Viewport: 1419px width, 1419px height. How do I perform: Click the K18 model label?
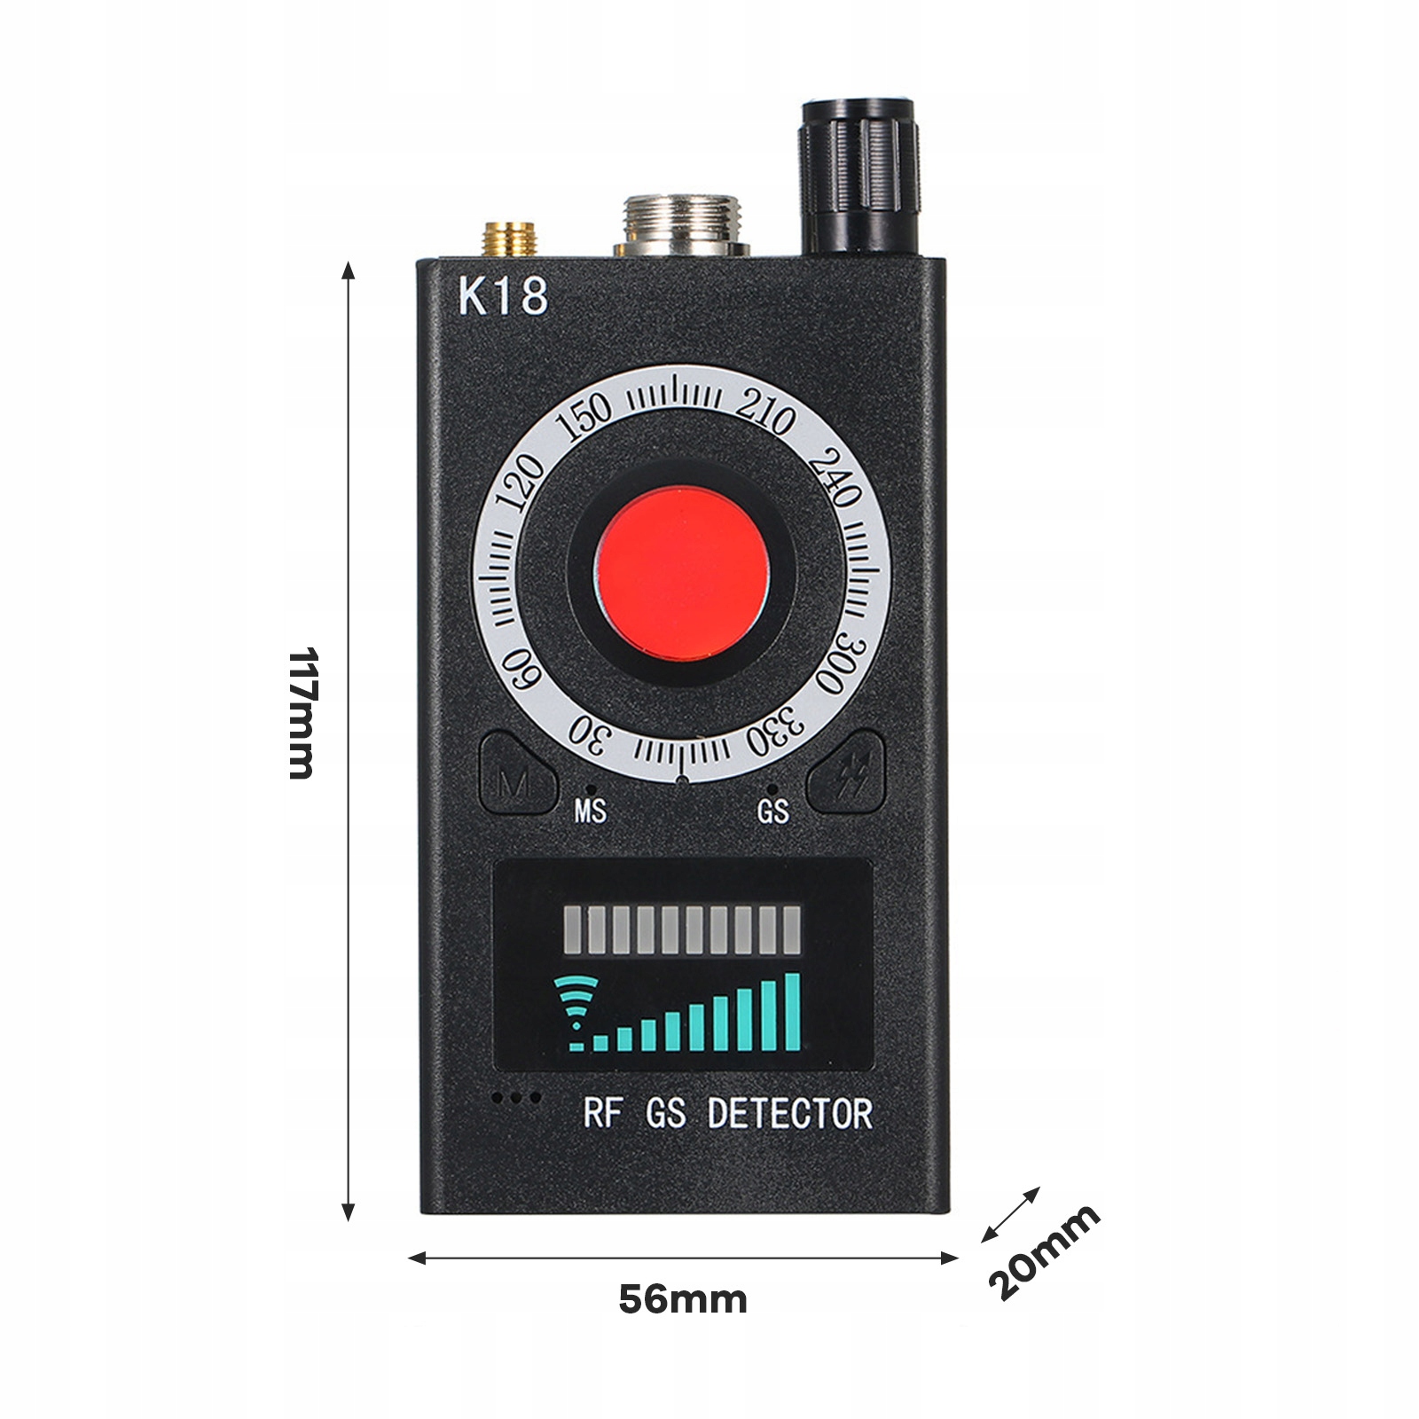[503, 296]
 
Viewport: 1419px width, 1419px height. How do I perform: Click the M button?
[514, 780]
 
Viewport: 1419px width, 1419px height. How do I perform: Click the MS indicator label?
[591, 811]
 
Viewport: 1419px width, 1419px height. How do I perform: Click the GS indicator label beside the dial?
[772, 811]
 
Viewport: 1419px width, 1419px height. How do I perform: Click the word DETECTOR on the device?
[789, 1114]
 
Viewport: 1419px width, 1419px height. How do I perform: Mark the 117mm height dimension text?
[302, 713]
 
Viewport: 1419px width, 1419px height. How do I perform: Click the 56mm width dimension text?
[683, 1300]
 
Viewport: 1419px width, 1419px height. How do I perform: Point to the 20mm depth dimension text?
[1044, 1251]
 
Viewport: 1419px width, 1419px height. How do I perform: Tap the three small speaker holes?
[517, 1098]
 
